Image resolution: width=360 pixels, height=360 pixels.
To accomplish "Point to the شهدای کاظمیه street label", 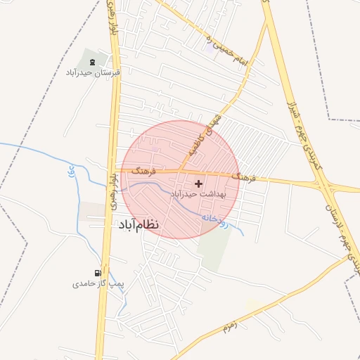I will click(205, 133).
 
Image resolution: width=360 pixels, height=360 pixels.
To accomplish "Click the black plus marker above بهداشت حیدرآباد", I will click(198, 183).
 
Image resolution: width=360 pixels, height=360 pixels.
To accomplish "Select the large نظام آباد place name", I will click(136, 224).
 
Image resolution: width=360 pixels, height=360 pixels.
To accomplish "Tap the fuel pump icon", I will click(98, 273).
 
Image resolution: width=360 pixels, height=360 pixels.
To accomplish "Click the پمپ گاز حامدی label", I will click(98, 284).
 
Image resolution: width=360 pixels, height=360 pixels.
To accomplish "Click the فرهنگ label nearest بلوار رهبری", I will click(143, 169).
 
